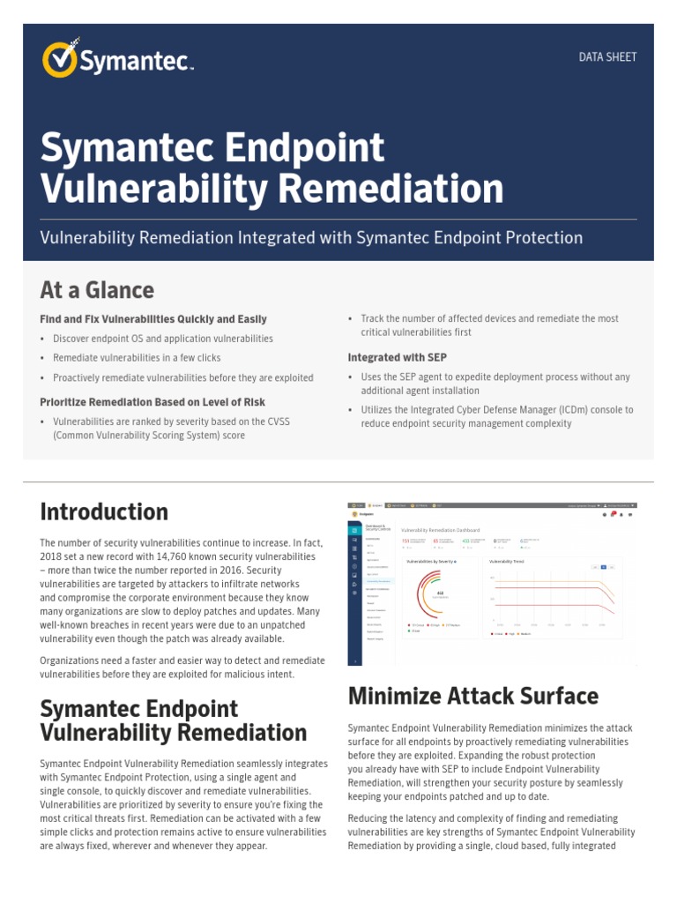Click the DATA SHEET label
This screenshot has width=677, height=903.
[607, 57]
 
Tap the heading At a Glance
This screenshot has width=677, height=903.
[97, 290]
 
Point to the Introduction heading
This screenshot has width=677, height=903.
[104, 511]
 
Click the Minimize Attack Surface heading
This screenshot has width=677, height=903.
[472, 696]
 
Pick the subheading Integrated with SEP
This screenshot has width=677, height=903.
[397, 357]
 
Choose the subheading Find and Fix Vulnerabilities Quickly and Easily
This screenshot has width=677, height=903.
[153, 318]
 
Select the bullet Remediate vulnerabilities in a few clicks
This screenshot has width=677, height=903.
[137, 358]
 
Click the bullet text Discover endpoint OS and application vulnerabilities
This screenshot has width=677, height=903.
[163, 339]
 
